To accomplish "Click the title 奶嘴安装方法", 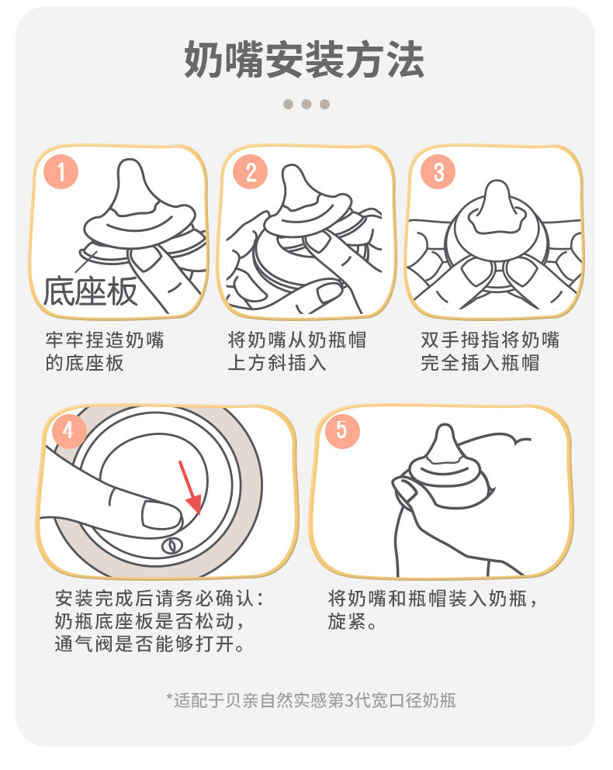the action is [304, 60].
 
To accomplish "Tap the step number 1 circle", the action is [61, 172].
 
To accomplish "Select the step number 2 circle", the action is [250, 172].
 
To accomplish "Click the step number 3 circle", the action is [438, 172].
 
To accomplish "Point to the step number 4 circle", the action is [68, 430].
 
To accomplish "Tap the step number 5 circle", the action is [342, 430].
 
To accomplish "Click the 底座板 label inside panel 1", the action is [90, 292].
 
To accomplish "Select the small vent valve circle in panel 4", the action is [171, 545].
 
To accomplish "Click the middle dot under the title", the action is [306, 104].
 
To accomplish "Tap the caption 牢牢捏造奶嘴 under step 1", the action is [105, 340].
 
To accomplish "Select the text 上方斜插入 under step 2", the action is [277, 363].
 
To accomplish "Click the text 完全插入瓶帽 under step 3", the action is [480, 363].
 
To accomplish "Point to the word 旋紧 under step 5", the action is [347, 622].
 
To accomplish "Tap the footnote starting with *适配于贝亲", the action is [311, 700].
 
